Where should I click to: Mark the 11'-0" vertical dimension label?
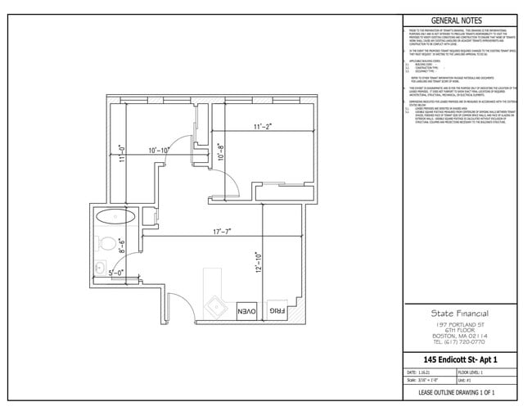tap(122, 155)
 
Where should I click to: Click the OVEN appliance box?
tap(246, 311)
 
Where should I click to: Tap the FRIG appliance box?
tap(277, 312)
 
